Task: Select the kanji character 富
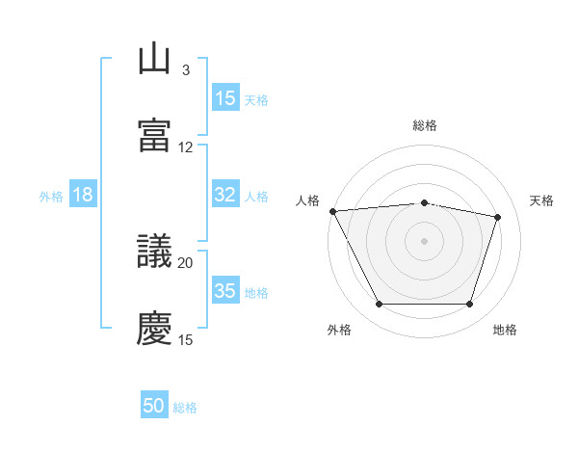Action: point(155,136)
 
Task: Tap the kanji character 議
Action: point(155,252)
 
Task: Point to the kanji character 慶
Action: point(155,328)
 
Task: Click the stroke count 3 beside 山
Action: point(186,70)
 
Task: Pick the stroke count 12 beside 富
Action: point(186,147)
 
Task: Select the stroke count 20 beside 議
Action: point(186,262)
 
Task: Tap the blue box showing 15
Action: point(225,98)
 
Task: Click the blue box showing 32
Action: point(225,195)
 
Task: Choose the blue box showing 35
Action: point(225,291)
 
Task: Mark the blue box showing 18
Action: point(83,195)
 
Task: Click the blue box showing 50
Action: point(154,407)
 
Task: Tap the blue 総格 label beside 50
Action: point(186,408)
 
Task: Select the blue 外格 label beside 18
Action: point(51,196)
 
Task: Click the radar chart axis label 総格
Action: point(425,125)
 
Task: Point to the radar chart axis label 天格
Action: point(542,200)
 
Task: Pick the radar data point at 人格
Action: point(332,211)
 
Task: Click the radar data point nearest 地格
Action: point(469,305)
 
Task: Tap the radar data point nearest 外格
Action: point(380,305)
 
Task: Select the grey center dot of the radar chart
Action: point(425,241)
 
